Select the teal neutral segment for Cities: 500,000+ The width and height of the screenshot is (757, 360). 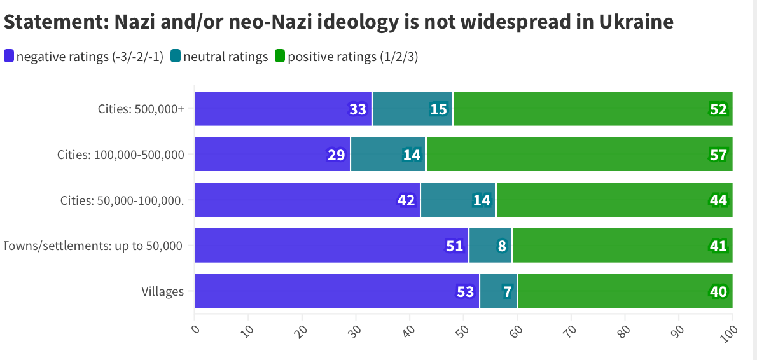click(x=412, y=109)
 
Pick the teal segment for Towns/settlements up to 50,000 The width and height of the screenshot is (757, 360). click(x=490, y=246)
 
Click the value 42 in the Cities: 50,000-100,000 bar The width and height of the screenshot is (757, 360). click(x=406, y=200)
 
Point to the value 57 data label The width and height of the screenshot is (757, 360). click(x=718, y=155)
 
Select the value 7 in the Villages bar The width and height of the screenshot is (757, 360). click(x=507, y=292)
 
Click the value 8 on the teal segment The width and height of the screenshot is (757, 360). click(x=502, y=246)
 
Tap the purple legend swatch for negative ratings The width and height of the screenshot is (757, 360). click(x=9, y=57)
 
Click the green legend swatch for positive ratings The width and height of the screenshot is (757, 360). click(x=280, y=57)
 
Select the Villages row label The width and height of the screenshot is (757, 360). click(x=162, y=292)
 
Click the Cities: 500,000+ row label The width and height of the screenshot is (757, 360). click(x=141, y=109)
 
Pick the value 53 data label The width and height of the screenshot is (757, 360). click(x=465, y=292)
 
